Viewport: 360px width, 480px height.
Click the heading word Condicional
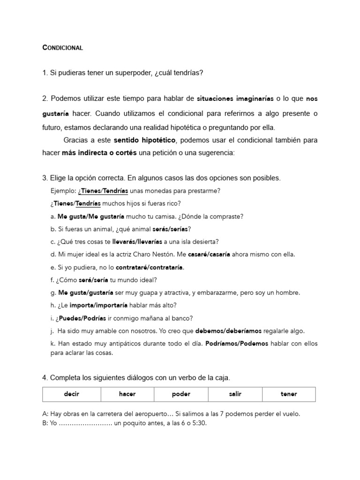tap(62, 48)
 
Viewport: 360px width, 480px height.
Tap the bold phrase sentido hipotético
tap(144, 140)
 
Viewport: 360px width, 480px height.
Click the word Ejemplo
tap(63, 191)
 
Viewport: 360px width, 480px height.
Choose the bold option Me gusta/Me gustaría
tap(90, 217)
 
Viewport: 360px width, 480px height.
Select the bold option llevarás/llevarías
tap(137, 242)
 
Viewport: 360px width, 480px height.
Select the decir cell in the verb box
tap(72, 394)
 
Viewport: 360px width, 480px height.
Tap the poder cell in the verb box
tap(181, 394)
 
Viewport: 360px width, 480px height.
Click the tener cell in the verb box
tap(289, 394)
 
